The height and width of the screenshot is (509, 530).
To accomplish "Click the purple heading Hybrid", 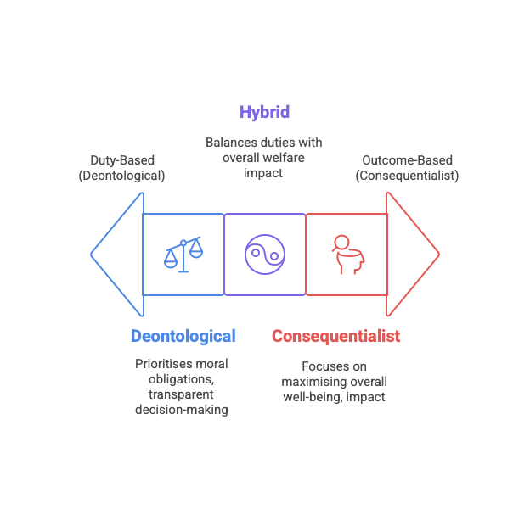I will [x=264, y=112].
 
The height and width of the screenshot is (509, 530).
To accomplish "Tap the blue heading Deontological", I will [x=183, y=336].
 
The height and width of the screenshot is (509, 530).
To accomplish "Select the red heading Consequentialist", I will [x=335, y=336].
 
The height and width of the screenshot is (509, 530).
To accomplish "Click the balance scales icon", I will [x=183, y=254].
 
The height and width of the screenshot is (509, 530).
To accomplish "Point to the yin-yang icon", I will [x=265, y=254].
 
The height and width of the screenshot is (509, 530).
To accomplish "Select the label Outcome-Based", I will [x=407, y=159].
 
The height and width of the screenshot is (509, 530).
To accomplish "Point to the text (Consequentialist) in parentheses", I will [x=407, y=176].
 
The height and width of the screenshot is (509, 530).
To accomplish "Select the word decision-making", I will [x=183, y=410].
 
